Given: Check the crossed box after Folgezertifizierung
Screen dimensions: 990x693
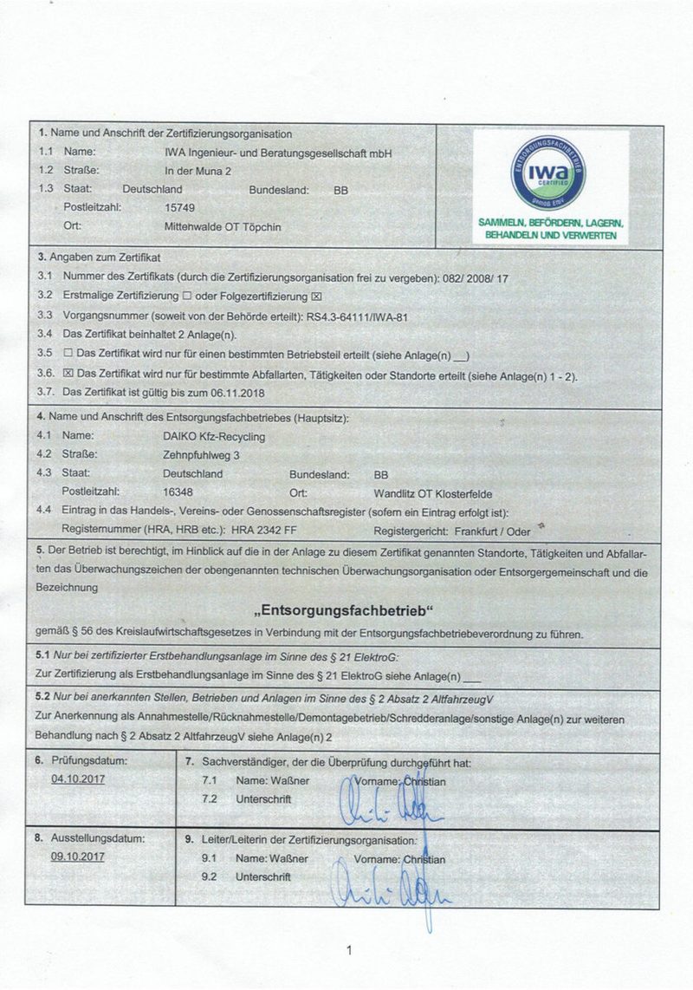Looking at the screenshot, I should (x=316, y=296).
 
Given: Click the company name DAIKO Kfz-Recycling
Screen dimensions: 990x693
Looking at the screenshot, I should (x=214, y=436).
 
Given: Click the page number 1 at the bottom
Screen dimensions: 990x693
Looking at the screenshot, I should (x=348, y=951).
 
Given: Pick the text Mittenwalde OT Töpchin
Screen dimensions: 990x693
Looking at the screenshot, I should (x=223, y=227).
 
